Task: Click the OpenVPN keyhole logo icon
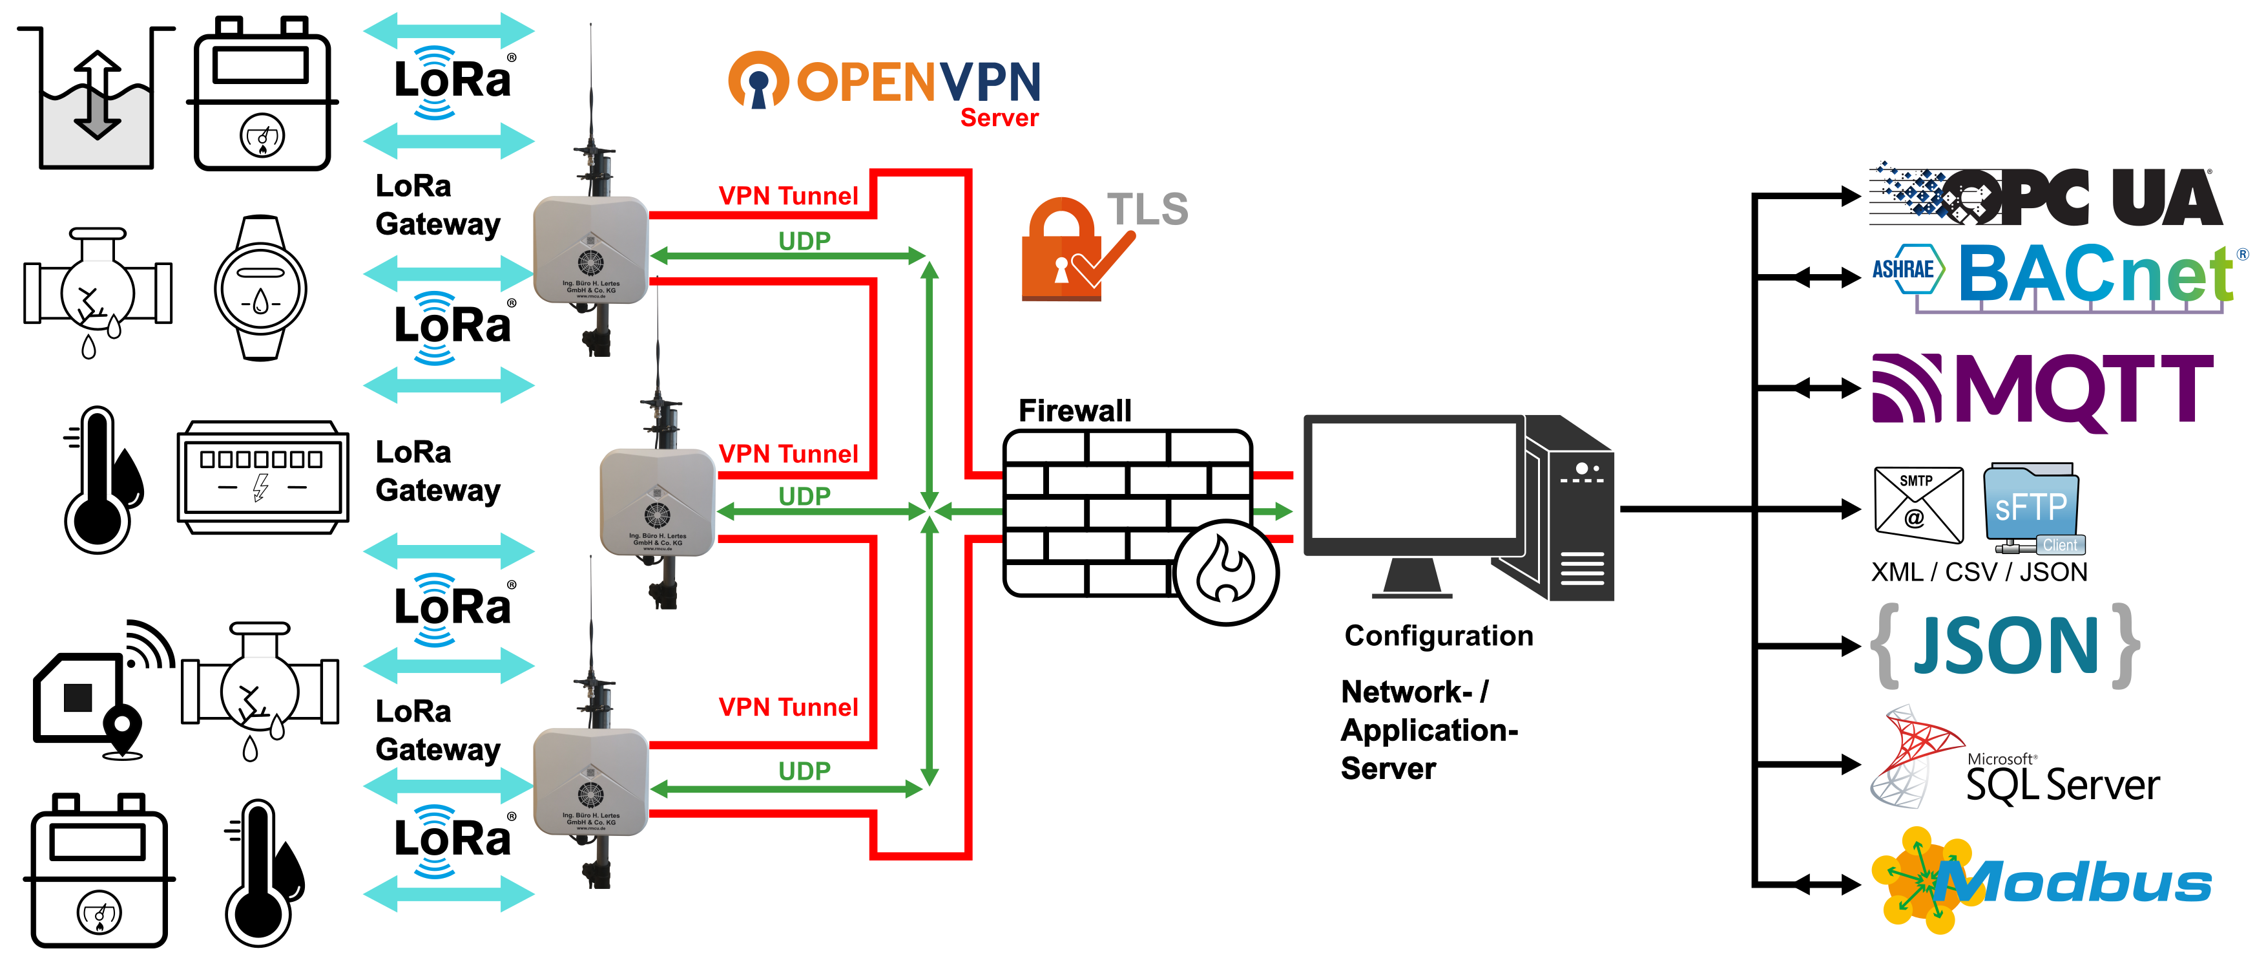[x=758, y=80]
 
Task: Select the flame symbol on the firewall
[x=1225, y=572]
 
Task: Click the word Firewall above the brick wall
[x=1074, y=410]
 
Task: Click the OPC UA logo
[x=2045, y=195]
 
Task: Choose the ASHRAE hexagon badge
[x=1904, y=270]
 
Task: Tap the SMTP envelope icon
[x=1918, y=504]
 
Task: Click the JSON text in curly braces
[x=2006, y=646]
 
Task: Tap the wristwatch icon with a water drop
[x=260, y=288]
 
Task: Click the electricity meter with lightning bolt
[x=262, y=477]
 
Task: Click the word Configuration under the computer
[x=1439, y=636]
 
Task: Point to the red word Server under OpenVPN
[x=999, y=118]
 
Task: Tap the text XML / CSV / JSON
[x=1979, y=572]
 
